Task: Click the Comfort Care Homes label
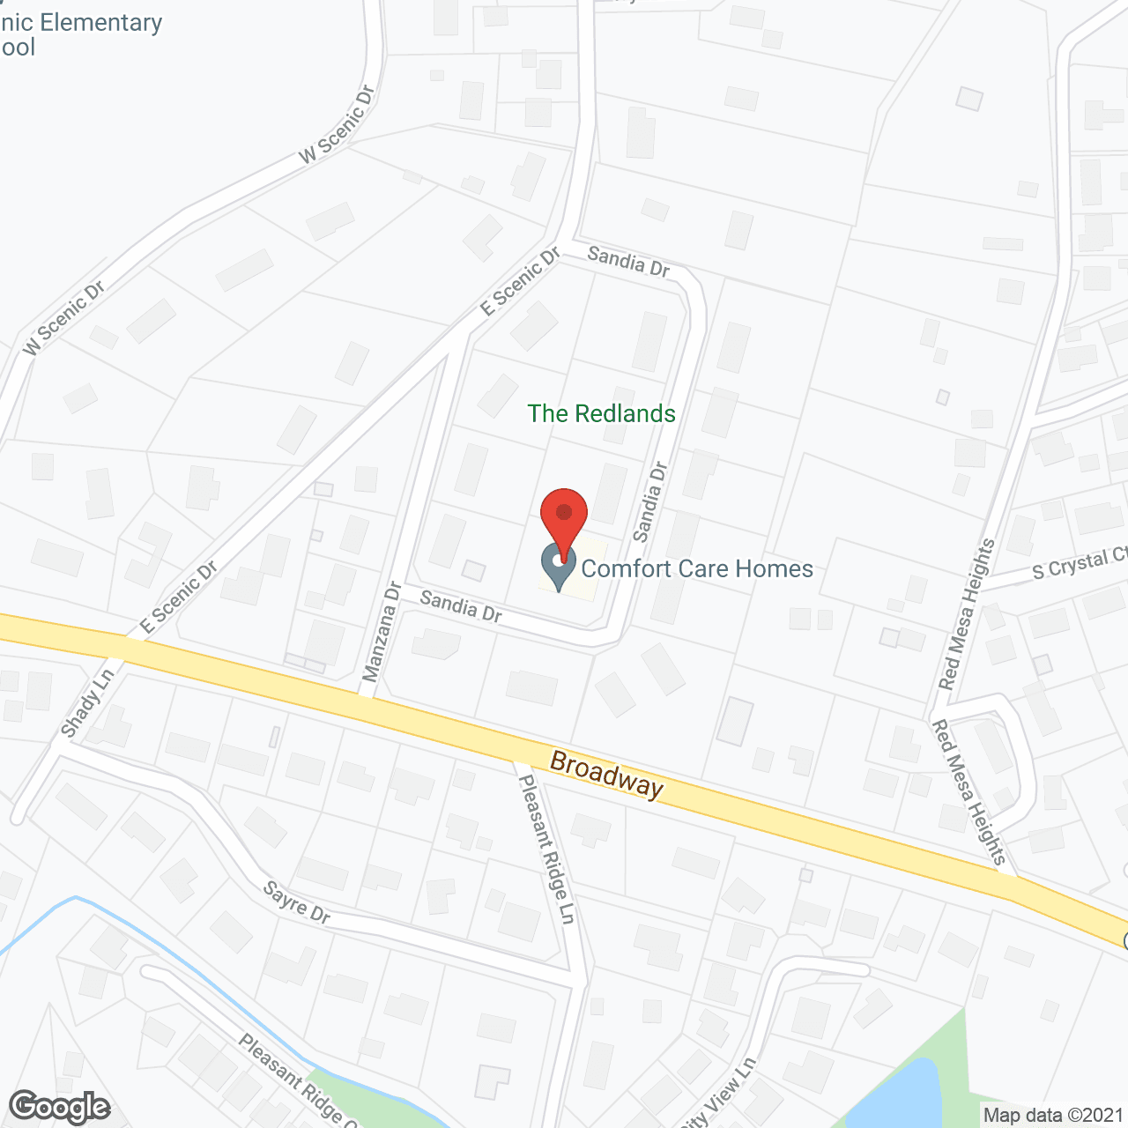pos(697,568)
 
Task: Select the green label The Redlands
pos(601,413)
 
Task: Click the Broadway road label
pos(606,774)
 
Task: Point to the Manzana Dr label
pos(382,631)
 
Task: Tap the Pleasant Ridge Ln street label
pos(546,849)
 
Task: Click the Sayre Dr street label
pos(296,902)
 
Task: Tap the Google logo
pos(59,1106)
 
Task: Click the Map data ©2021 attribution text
pos(1053,1115)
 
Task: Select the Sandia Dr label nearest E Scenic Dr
pos(628,261)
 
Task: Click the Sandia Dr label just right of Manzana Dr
pos(461,606)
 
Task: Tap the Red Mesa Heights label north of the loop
pos(967,614)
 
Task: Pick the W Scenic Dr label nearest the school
pos(338,124)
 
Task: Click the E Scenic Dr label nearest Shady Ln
pos(179,597)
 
